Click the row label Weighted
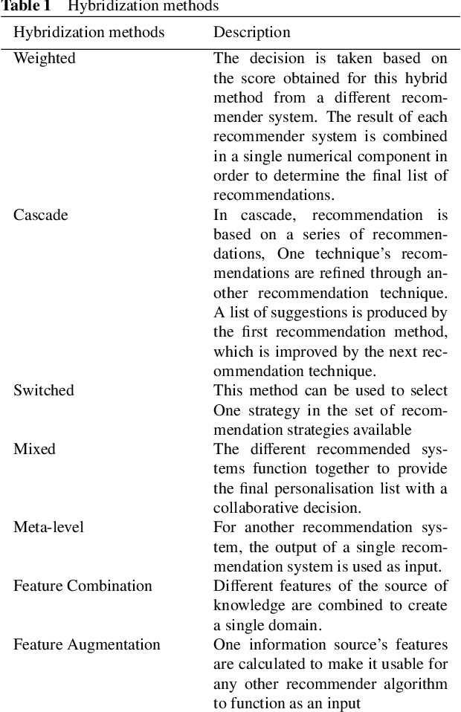pos(45,58)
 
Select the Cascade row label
pos(41,215)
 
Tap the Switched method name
pos(44,390)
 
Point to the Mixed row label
pos(34,449)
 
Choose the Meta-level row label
pos(48,527)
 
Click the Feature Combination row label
pos(83,586)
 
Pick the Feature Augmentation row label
pos(87,644)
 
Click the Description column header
pos(252,33)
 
